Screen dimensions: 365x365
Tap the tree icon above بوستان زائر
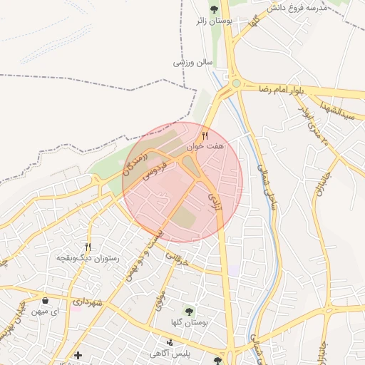point(215,9)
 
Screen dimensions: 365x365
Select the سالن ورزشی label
point(193,62)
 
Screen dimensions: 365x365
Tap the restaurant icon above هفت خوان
point(205,134)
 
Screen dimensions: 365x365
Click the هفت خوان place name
point(205,145)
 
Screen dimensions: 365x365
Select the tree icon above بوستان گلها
point(189,312)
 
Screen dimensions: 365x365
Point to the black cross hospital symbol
point(78,355)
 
